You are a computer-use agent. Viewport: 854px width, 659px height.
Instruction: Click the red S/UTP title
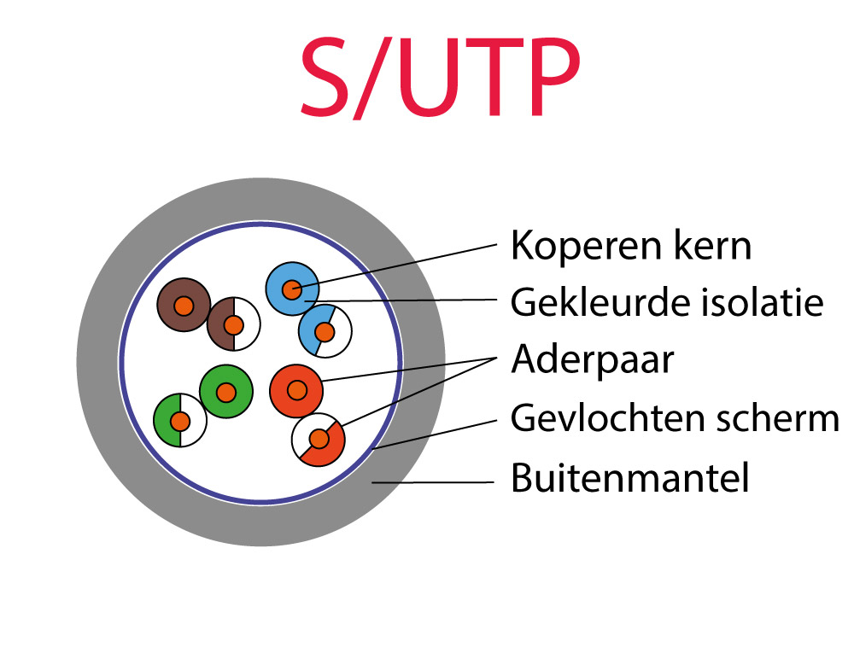pyautogui.click(x=440, y=78)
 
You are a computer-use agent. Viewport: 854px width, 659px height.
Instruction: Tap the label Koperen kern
pyautogui.click(x=631, y=246)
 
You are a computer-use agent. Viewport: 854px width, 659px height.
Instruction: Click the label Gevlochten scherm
pyautogui.click(x=675, y=417)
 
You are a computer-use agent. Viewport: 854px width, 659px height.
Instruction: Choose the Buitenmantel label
pyautogui.click(x=630, y=477)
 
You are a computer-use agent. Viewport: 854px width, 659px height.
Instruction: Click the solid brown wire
pyautogui.click(x=184, y=305)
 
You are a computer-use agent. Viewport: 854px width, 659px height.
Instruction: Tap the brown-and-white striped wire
pyautogui.click(x=234, y=324)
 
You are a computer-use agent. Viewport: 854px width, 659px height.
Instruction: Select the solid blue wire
pyautogui.click(x=292, y=289)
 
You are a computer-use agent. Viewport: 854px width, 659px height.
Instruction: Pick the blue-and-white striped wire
pyautogui.click(x=325, y=331)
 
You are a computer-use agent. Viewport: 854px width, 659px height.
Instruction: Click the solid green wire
pyautogui.click(x=226, y=392)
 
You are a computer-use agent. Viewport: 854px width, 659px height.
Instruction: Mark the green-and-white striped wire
pyautogui.click(x=179, y=420)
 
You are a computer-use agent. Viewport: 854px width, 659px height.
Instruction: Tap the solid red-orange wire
pyautogui.click(x=296, y=391)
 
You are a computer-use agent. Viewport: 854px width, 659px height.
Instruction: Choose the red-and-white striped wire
pyautogui.click(x=319, y=439)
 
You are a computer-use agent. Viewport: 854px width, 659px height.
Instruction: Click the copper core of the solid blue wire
pyautogui.click(x=292, y=289)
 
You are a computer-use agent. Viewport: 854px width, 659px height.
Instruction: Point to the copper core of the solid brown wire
pyautogui.click(x=184, y=306)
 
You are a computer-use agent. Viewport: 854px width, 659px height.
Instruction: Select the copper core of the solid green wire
pyautogui.click(x=226, y=392)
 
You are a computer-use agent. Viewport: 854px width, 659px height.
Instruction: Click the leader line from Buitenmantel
pyautogui.click(x=432, y=482)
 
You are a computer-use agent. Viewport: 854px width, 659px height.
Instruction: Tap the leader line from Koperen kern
pyautogui.click(x=394, y=264)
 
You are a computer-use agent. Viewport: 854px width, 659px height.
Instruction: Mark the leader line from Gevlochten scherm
pyautogui.click(x=436, y=434)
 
